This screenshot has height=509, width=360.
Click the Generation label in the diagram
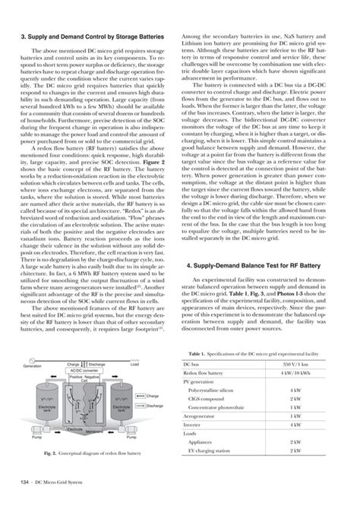pos(33,365)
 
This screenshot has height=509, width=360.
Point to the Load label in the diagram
pos(135,365)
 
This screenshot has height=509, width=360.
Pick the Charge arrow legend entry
pos(153,396)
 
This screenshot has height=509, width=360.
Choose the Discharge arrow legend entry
pos(154,406)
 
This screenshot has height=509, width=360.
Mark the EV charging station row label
pos(216,451)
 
